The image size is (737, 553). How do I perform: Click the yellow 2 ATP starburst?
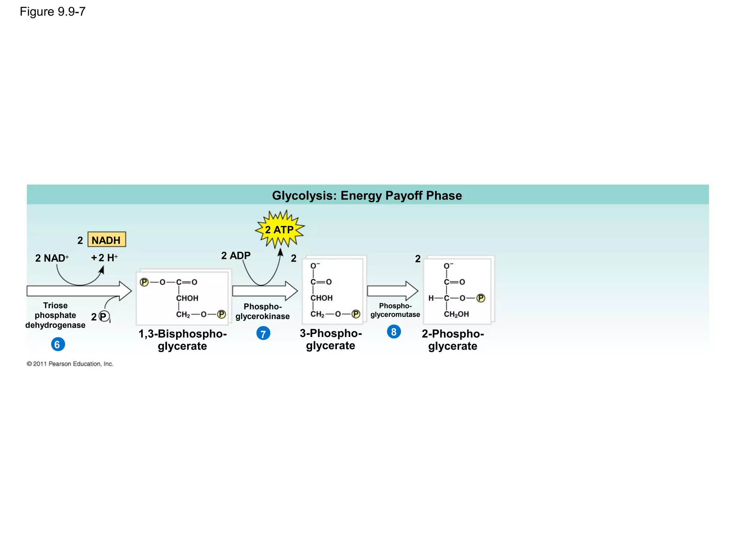pos(280,229)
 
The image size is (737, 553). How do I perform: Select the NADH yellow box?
pos(107,240)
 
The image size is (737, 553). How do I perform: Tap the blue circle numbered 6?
pos(58,344)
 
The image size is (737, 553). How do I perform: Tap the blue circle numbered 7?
pos(263,333)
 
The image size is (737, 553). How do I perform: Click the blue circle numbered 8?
pos(394,332)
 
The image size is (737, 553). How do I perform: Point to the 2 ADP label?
pos(236,256)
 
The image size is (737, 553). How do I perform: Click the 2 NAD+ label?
pos(51,258)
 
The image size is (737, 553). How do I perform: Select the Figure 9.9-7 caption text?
pos(53,12)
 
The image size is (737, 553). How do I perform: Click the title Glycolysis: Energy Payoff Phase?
pos(367,195)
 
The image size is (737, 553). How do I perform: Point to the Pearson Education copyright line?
pos(70,364)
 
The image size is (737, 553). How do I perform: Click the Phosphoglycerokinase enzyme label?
pos(262,311)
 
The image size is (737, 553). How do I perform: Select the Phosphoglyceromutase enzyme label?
pos(395,310)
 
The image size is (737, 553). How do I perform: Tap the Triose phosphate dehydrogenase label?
pos(55,315)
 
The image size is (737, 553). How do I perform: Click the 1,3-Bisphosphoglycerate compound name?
pos(182,340)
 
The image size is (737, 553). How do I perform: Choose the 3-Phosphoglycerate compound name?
pos(330,339)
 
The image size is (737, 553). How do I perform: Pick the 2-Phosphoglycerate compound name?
pos(453,340)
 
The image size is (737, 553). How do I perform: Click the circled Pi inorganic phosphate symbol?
pos(104,316)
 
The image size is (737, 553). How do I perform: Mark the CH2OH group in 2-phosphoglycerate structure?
pos(456,314)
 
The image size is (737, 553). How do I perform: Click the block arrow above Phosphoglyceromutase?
pos(392,291)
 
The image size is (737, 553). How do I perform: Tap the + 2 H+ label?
pos(104,258)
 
